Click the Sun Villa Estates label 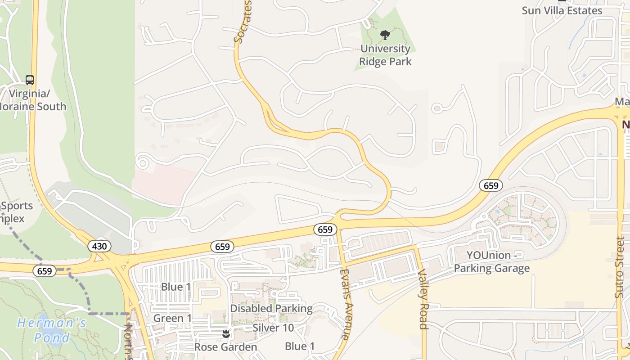tap(562, 10)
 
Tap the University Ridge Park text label tap(386, 55)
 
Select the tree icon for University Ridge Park tap(385, 35)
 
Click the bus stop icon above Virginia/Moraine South tap(30, 80)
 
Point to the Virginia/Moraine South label tap(33, 100)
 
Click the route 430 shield tap(99, 246)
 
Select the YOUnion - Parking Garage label tap(491, 262)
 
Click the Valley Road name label tap(423, 299)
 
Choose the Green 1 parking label tap(172, 319)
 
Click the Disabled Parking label tap(271, 309)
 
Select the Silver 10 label tap(273, 328)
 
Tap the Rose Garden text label tap(225, 347)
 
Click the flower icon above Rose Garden tap(226, 334)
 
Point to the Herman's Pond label tap(51, 330)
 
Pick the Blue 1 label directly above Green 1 tap(176, 287)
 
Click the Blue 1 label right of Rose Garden tap(300, 346)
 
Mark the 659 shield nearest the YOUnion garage tap(490, 185)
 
